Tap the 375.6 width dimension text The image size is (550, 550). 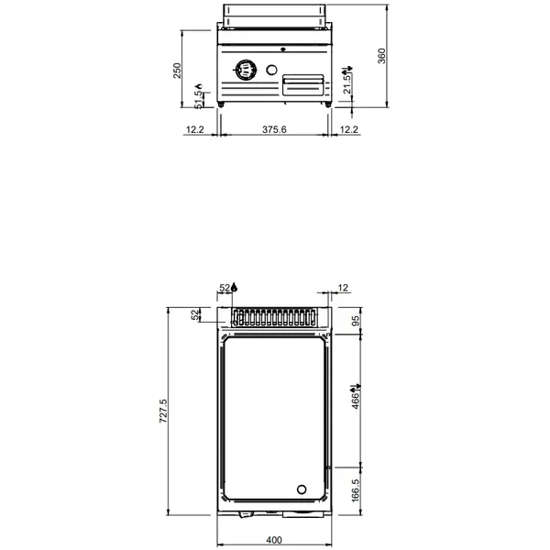pos(274,130)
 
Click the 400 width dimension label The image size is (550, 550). pos(274,539)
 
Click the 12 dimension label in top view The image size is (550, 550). pos(343,290)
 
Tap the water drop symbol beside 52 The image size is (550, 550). pos(234,289)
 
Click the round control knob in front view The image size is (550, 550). pos(246,70)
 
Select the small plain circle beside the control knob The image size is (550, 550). pos(271,71)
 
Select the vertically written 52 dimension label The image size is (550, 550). pos(194,315)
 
